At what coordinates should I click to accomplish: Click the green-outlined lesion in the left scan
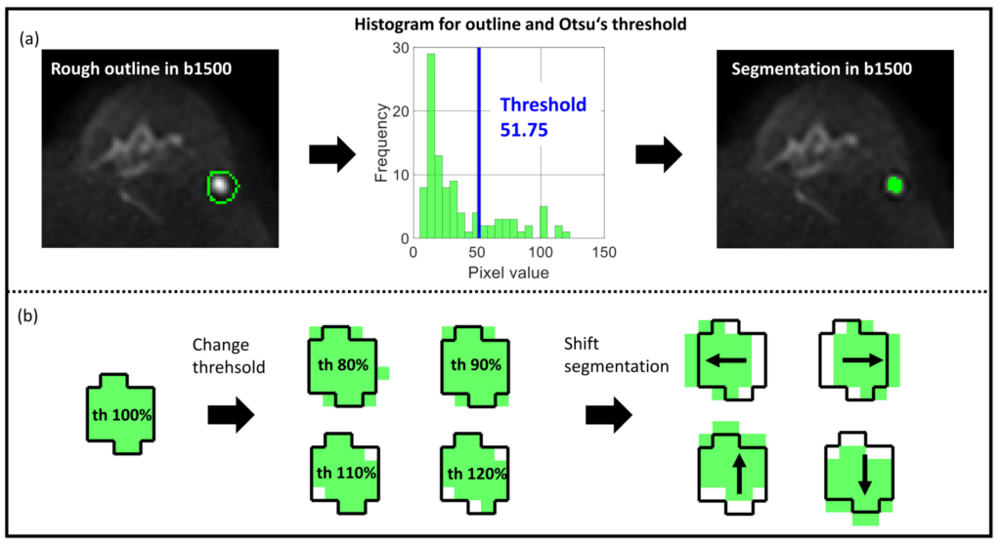[224, 185]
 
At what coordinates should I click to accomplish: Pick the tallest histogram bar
[430, 147]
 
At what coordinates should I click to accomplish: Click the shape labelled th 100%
[120, 414]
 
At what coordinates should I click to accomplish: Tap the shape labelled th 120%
[475, 475]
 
